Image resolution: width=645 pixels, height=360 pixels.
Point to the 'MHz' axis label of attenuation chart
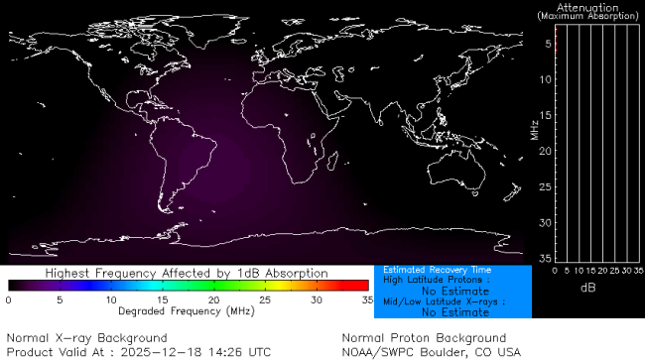pyautogui.click(x=534, y=130)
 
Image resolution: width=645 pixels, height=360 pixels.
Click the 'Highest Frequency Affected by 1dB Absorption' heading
pyautogui.click(x=187, y=273)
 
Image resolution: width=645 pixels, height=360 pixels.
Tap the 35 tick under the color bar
pyautogui.click(x=366, y=300)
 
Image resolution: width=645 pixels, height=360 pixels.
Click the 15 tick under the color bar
pyautogui.click(x=162, y=300)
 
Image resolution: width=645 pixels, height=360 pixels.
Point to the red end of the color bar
pyautogui.click(x=360, y=286)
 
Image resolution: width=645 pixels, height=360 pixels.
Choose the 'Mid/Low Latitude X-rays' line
pyautogui.click(x=445, y=301)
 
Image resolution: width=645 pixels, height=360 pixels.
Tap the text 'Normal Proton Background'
pyautogui.click(x=423, y=338)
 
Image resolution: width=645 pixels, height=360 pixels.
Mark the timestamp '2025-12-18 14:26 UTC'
pyautogui.click(x=201, y=351)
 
